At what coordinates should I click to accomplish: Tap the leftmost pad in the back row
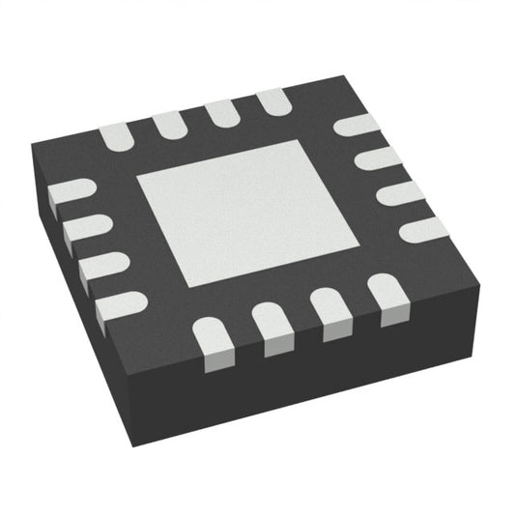click(x=116, y=137)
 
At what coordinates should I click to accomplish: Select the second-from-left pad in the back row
click(x=168, y=123)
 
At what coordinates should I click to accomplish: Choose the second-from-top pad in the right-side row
click(x=375, y=158)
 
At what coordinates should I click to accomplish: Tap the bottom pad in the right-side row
click(x=417, y=230)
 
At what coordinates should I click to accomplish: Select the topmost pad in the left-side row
click(x=68, y=192)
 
